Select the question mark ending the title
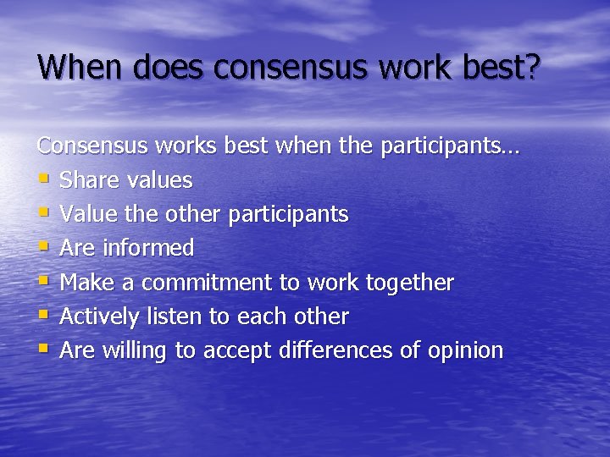coord(531,67)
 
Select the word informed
coord(148,248)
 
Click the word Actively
coord(99,317)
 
